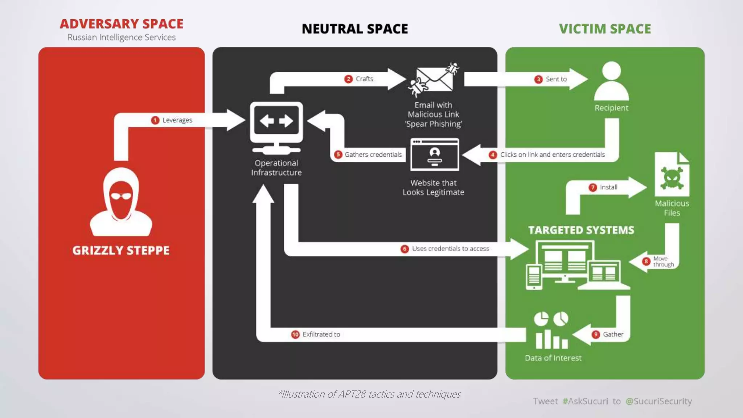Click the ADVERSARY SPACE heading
[122, 24]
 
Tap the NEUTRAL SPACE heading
[355, 29]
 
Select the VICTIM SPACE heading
[605, 29]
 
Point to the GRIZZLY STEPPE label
[121, 250]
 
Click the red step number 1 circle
[155, 120]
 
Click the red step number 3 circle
[538, 79]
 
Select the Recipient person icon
[612, 81]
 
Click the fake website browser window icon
[435, 155]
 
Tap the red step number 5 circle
[338, 155]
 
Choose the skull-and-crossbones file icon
[672, 175]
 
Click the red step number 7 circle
[593, 187]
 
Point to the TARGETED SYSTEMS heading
[581, 230]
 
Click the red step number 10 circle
[295, 334]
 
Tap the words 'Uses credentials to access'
[451, 249]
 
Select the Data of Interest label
[553, 358]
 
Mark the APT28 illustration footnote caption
[369, 394]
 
